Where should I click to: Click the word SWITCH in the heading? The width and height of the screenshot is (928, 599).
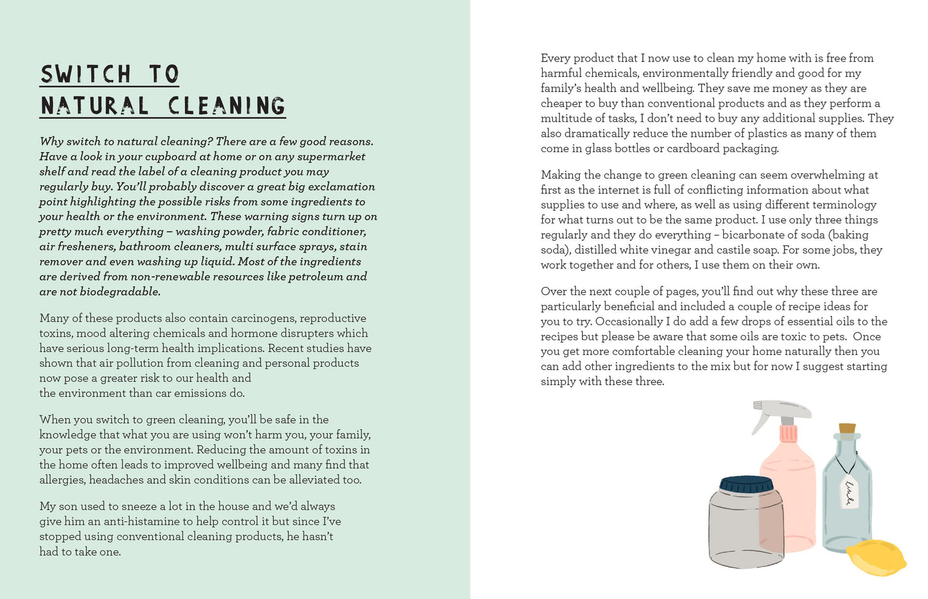click(x=85, y=74)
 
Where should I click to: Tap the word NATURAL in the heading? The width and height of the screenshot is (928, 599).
click(x=94, y=106)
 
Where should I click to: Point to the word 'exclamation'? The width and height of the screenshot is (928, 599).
click(x=342, y=187)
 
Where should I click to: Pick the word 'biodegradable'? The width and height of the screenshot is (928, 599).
click(x=119, y=292)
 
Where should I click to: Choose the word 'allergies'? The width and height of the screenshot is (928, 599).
click(x=62, y=480)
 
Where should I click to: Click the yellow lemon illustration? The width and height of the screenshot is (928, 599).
click(x=875, y=557)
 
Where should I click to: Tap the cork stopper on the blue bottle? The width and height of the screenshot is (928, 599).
click(x=847, y=428)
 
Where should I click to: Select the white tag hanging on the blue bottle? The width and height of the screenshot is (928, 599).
click(x=849, y=491)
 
